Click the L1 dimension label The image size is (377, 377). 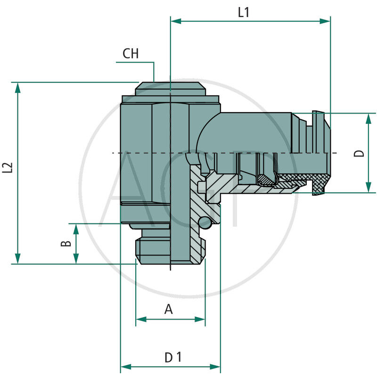pos(243,13)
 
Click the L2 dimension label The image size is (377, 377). pos(7,168)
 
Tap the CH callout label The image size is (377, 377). pos(131,54)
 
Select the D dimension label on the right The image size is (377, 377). pos(359,153)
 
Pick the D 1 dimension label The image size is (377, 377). pos(172,358)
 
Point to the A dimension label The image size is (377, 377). pos(168,310)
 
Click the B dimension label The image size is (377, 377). pos(67,244)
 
